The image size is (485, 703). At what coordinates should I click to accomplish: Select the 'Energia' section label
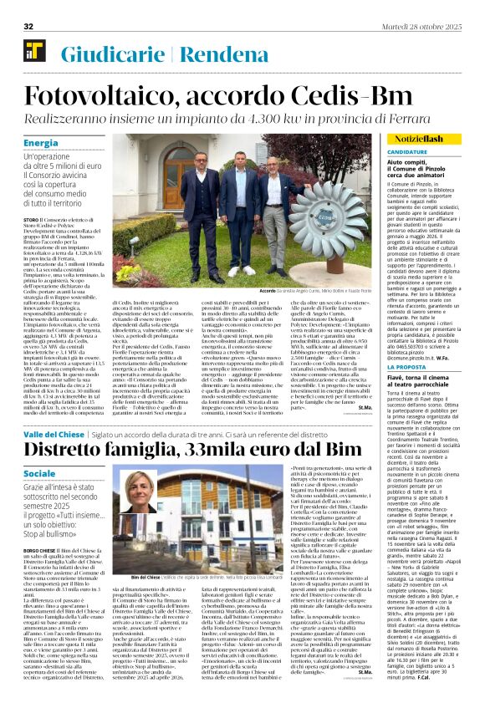[x=41, y=143]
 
